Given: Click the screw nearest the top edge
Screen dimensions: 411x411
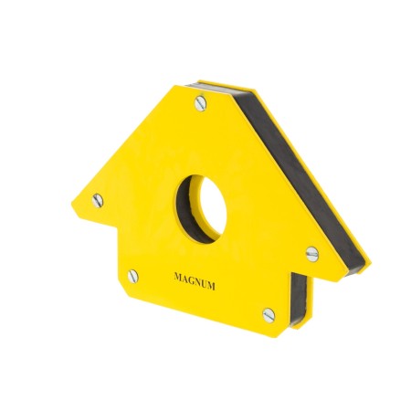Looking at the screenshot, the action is (200, 103).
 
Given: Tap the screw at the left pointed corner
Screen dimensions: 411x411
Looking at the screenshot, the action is (98, 201).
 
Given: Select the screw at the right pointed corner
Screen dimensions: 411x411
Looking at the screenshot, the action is (312, 254).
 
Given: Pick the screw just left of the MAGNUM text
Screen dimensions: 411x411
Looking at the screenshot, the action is (133, 276).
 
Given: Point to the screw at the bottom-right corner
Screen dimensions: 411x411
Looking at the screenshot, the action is (269, 315).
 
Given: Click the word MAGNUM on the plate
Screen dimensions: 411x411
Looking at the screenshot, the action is (195, 281).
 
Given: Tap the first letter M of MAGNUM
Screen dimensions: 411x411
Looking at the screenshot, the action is (177, 277).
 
